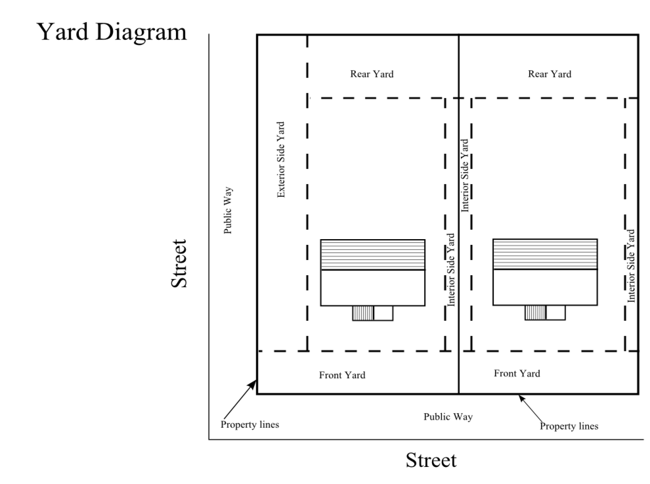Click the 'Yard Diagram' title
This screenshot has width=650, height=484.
tap(112, 32)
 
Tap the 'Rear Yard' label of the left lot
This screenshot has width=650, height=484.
tap(372, 74)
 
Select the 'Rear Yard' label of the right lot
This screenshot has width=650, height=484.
tap(550, 74)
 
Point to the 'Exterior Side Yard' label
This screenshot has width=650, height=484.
tap(281, 160)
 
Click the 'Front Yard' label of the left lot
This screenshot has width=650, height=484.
tap(342, 375)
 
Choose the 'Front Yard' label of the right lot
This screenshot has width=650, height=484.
tap(517, 374)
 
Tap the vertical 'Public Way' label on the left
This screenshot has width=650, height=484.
tap(228, 210)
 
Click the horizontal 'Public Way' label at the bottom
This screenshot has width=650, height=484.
tap(448, 417)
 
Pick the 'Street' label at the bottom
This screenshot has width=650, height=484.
tap(431, 461)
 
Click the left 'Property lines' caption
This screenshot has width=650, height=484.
tap(250, 424)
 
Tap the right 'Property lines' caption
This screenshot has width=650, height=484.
tap(569, 426)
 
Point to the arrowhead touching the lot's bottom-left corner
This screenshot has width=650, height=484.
tap(253, 384)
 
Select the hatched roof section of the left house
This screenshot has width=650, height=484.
tap(373, 255)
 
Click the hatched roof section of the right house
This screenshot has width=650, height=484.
tap(545, 254)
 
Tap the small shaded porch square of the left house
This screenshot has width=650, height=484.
tap(363, 313)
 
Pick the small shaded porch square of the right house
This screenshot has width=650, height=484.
tap(535, 313)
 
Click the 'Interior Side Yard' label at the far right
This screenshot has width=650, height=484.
tap(631, 266)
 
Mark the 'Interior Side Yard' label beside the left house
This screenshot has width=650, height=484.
tap(451, 269)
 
